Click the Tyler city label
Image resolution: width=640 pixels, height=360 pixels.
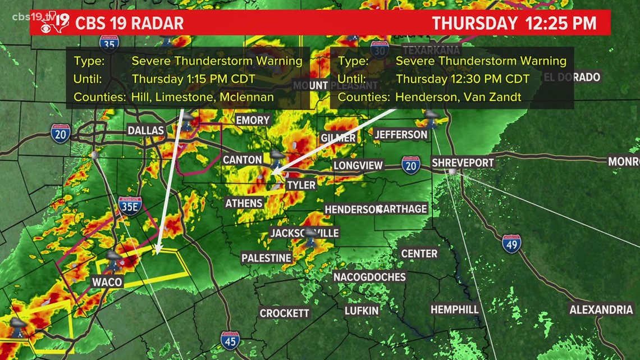(301, 185)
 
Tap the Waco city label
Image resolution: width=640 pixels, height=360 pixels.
(107, 281)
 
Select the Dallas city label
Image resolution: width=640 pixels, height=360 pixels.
(145, 131)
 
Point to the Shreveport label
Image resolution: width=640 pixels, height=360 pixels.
(463, 163)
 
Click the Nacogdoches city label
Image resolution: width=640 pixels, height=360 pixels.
(369, 277)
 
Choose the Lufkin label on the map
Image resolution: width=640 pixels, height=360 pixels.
(362, 310)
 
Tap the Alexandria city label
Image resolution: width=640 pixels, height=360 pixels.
(601, 310)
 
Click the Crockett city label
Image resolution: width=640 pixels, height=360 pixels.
(285, 313)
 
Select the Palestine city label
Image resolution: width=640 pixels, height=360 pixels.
(266, 258)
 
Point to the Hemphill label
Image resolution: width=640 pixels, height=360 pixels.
(455, 309)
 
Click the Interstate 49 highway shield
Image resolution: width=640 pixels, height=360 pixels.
(511, 243)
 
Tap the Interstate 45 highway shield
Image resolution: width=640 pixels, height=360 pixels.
(230, 340)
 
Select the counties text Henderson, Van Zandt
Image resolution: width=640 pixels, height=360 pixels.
(458, 97)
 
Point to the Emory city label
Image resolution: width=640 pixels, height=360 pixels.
(253, 120)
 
